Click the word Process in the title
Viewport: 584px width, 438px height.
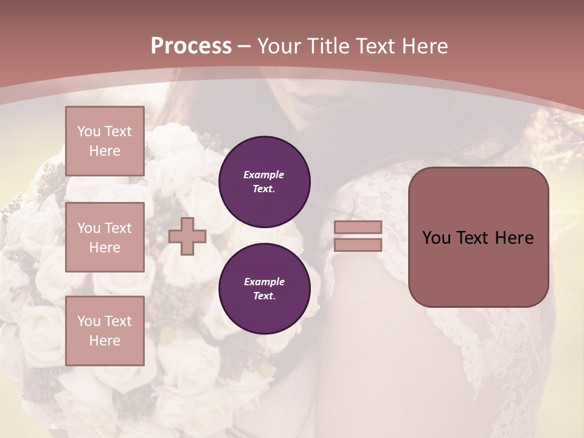pyautogui.click(x=191, y=46)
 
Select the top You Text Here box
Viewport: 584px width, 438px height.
pyautogui.click(x=105, y=141)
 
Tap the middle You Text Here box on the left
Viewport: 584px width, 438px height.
pyautogui.click(x=105, y=237)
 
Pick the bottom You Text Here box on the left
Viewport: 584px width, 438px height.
pyautogui.click(x=105, y=331)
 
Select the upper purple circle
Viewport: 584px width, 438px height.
pyautogui.click(x=265, y=182)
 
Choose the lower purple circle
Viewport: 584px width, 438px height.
pyautogui.click(x=265, y=289)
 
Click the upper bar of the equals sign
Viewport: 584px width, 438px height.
pyautogui.click(x=358, y=227)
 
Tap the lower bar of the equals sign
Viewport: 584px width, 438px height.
pyautogui.click(x=358, y=245)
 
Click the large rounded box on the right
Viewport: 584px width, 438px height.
pyautogui.click(x=479, y=237)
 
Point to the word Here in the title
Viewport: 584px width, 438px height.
pyautogui.click(x=424, y=46)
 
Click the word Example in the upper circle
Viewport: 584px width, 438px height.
pyautogui.click(x=264, y=175)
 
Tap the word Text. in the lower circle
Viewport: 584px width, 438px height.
pyautogui.click(x=264, y=296)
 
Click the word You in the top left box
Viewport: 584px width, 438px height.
pyautogui.click(x=88, y=131)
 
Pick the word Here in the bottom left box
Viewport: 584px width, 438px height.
pyautogui.click(x=105, y=341)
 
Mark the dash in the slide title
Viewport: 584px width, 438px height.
pyautogui.click(x=245, y=46)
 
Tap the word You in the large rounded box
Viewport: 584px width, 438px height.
pyautogui.click(x=436, y=238)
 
